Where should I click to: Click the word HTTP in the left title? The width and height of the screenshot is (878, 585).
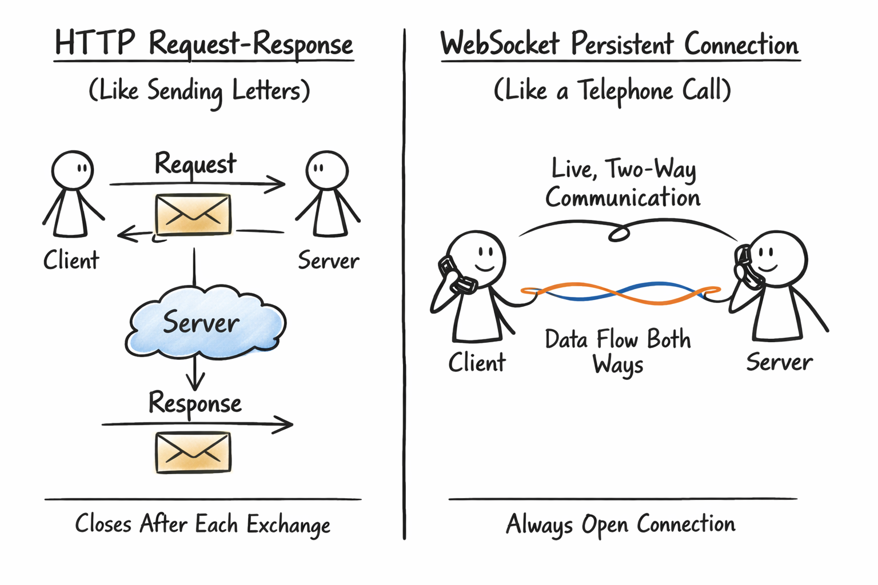[94, 43]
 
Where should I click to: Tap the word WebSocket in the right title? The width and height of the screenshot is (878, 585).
[500, 44]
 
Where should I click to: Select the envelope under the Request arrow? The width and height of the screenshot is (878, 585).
[193, 214]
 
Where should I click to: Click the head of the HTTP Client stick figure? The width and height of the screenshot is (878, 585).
[73, 170]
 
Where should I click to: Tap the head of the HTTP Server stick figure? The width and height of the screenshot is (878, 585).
[327, 170]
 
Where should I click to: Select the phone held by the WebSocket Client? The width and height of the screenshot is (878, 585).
[456, 275]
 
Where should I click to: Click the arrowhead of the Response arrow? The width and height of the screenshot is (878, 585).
[286, 424]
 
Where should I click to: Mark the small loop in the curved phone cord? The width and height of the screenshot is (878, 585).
[618, 234]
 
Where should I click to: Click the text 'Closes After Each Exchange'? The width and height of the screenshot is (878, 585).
[203, 524]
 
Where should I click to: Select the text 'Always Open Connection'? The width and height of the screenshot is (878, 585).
[621, 524]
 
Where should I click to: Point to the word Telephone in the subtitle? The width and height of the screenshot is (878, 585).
[625, 91]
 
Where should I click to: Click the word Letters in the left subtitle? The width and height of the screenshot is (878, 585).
[266, 91]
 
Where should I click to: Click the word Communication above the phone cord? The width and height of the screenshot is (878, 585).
[622, 198]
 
